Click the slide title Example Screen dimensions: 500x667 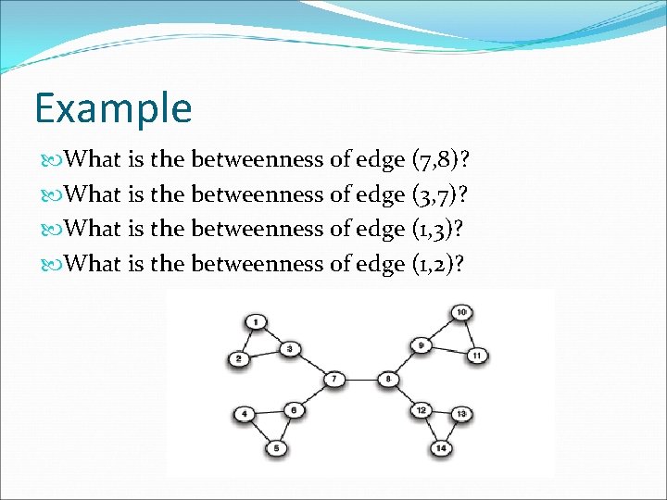coord(113,107)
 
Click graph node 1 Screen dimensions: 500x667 coord(255,321)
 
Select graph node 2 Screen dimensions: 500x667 coord(240,358)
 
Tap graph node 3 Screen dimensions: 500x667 coord(290,349)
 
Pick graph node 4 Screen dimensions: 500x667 coord(245,414)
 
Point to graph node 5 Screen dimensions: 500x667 coord(277,449)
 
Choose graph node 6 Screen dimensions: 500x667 coord(294,409)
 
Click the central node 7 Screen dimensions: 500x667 coord(334,380)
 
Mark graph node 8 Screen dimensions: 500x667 coord(389,380)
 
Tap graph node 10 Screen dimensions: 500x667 coord(461,312)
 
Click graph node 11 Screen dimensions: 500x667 coord(477,356)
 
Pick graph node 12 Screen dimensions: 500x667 coord(422,410)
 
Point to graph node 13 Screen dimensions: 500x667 coord(462,413)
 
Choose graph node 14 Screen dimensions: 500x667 coord(441,449)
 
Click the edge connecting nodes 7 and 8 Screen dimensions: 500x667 coord(361,380)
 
